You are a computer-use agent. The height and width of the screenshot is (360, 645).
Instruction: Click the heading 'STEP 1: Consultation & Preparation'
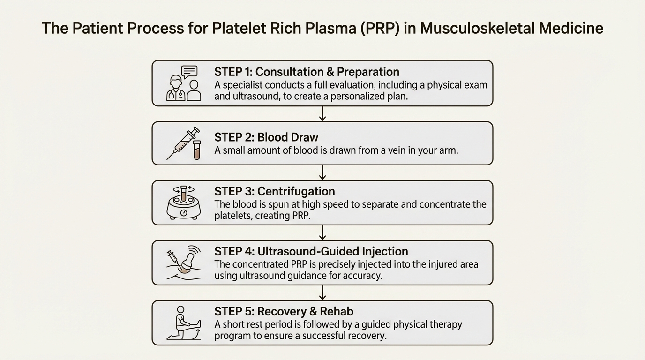(307, 72)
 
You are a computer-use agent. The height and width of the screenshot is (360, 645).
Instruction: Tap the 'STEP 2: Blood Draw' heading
(266, 137)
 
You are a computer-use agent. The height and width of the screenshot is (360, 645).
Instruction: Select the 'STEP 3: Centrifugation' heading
(274, 191)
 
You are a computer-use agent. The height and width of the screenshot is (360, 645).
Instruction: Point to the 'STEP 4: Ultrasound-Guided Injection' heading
(311, 251)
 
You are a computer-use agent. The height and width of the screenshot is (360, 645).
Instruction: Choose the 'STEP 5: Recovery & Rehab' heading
(284, 311)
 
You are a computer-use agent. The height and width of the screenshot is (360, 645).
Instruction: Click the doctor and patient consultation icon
(183, 84)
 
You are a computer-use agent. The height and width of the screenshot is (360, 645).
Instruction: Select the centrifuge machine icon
(183, 203)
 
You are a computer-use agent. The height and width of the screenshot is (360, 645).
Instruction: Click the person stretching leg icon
(183, 323)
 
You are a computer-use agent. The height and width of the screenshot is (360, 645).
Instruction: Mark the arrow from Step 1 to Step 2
(322, 114)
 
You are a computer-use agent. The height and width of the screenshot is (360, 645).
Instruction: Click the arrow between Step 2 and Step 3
(322, 172)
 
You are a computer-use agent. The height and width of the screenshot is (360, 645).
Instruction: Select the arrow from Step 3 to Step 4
(322, 232)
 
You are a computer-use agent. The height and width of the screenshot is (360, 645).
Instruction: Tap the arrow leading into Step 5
(322, 292)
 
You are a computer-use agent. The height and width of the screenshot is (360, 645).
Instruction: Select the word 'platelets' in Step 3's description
(233, 216)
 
